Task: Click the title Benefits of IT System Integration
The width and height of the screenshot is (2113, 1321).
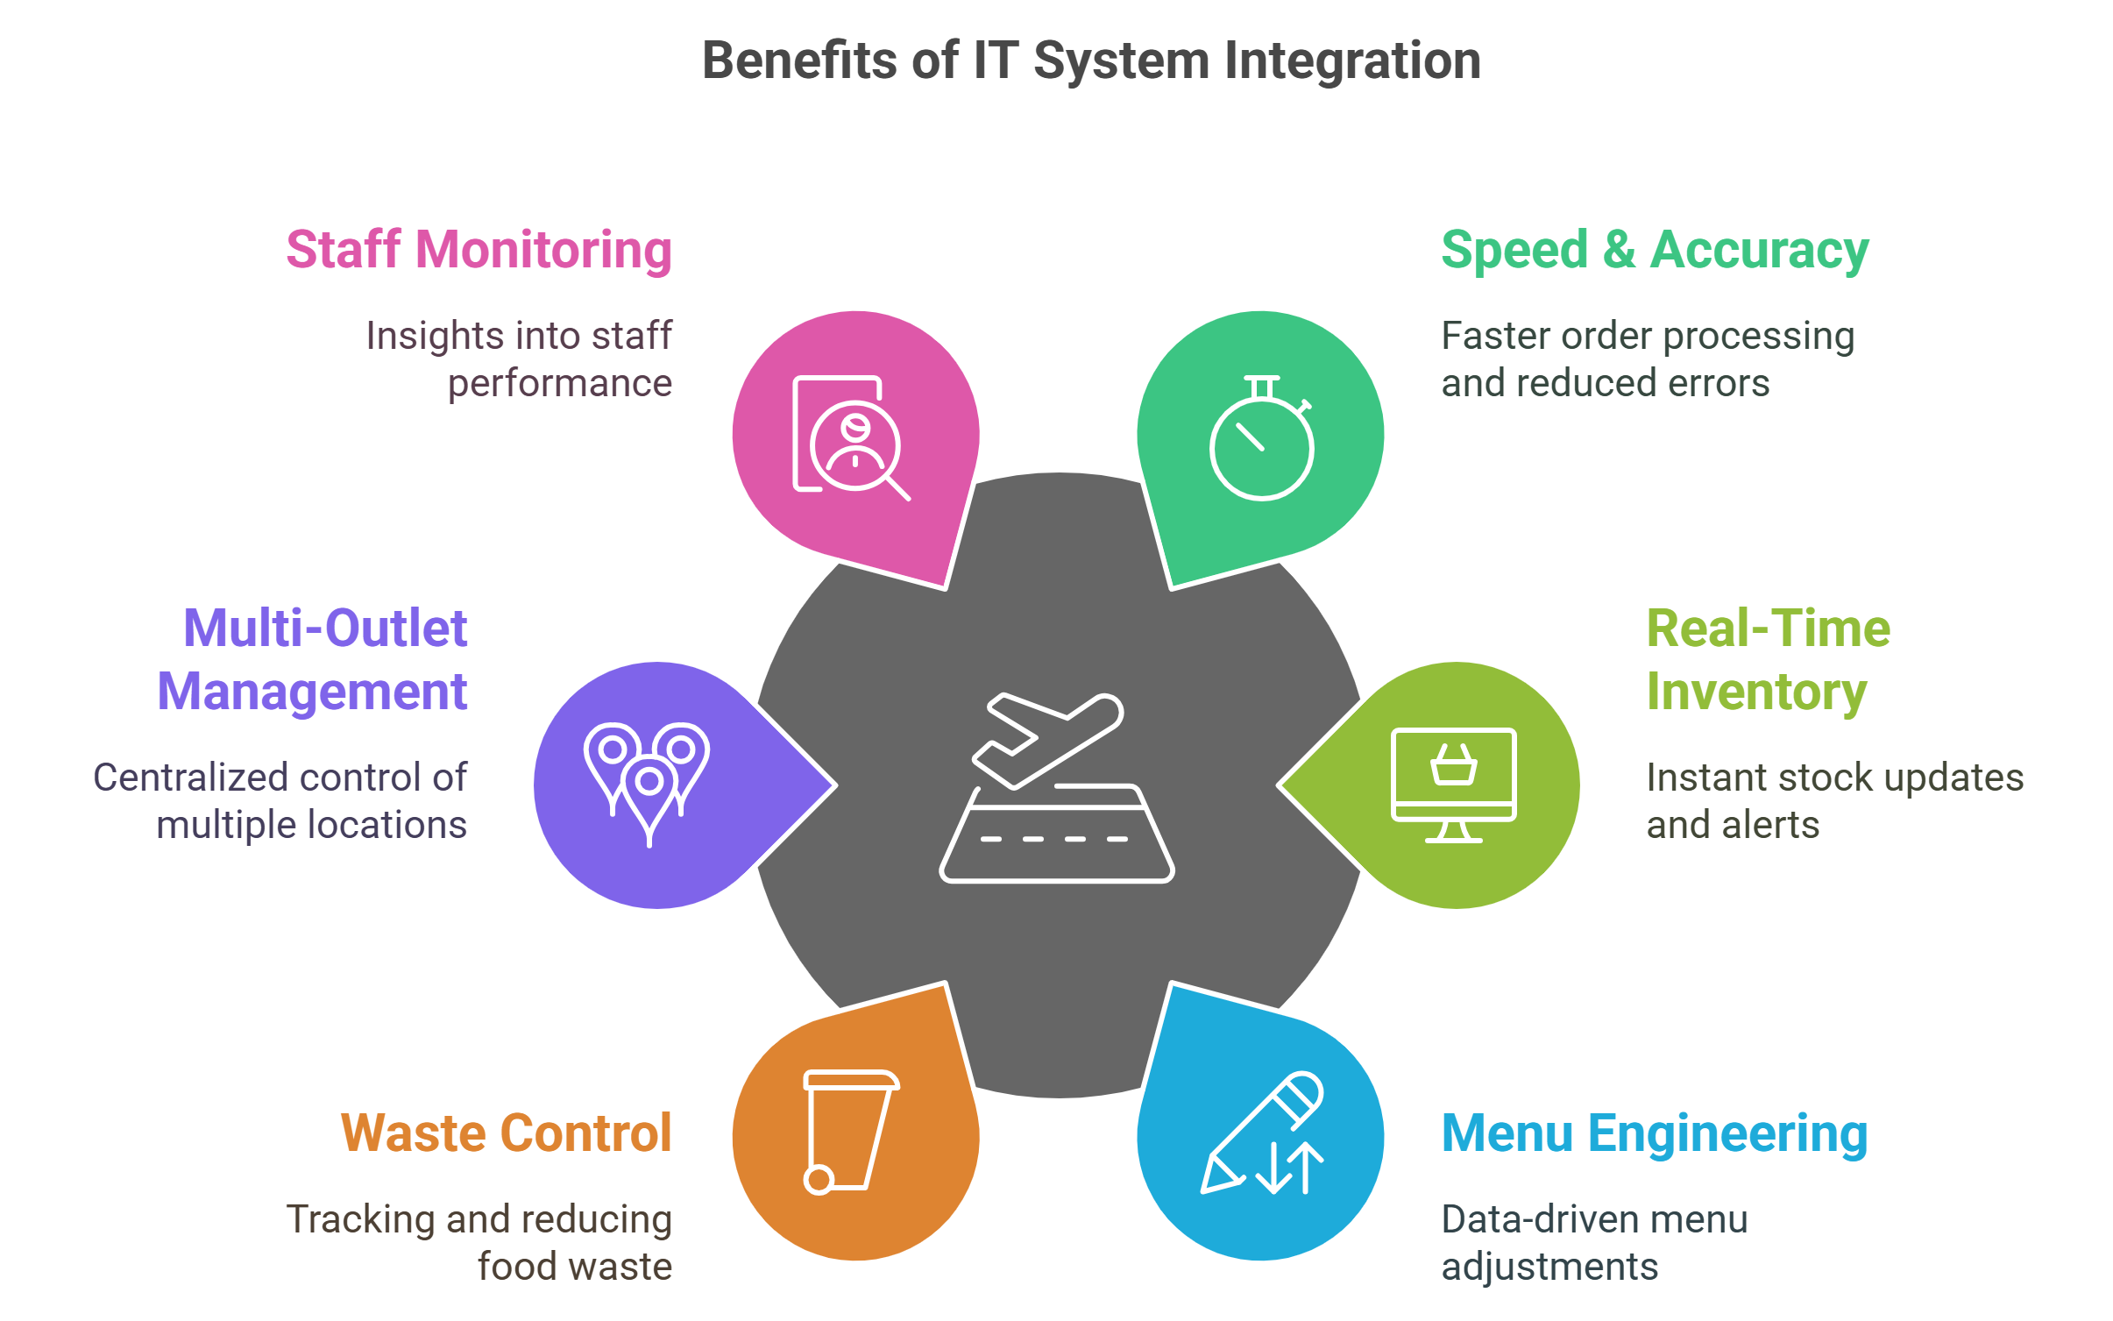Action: coord(1091,61)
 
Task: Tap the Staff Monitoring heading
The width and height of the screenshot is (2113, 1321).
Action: coord(479,251)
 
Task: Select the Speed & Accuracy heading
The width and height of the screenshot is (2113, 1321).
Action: coord(1655,251)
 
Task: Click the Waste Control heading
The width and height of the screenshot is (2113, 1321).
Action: coord(507,1133)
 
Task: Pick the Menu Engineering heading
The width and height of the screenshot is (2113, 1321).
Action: coord(1655,1134)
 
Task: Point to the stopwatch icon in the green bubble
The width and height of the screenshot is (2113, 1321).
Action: coord(1262,437)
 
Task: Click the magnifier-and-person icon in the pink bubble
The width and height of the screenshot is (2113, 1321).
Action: coord(851,437)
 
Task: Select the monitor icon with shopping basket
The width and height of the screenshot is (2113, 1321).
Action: coord(1454,785)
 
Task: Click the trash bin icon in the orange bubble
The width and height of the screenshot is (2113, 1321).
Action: coord(851,1132)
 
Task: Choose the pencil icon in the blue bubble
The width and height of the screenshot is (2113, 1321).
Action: coord(1263,1133)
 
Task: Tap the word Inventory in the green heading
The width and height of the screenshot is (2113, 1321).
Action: coord(1756,692)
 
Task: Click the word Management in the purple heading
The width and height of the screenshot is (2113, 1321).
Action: coord(312,692)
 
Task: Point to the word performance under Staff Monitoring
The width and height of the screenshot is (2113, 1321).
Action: coord(560,384)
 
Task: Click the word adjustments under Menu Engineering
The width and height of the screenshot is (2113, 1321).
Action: coord(1549,1268)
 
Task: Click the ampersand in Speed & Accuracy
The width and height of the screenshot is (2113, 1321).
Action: coord(1620,251)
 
